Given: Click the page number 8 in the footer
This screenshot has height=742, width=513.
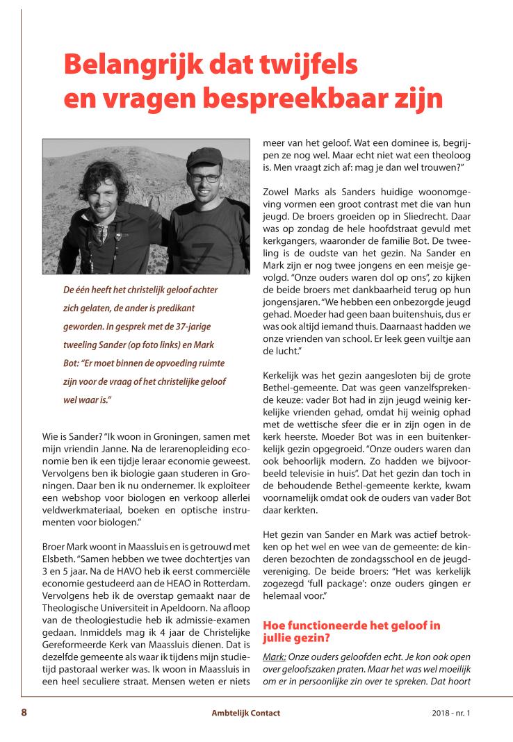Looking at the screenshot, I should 24,713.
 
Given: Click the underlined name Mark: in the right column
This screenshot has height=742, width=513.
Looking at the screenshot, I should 275,657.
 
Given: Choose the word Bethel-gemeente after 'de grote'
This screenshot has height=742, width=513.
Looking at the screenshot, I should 295,388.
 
